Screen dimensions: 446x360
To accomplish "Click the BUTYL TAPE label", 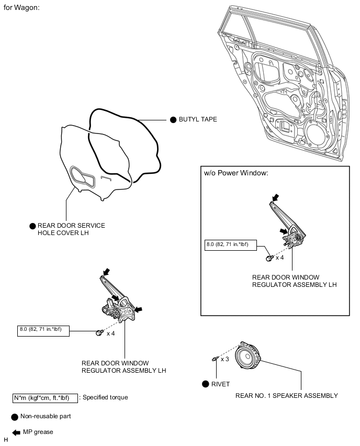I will point(198,119).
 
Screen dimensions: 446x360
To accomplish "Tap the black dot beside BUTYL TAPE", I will point(174,119).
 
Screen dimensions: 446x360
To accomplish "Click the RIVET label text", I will point(220,384).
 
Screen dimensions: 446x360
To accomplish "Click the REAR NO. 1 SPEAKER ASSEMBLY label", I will point(286,395).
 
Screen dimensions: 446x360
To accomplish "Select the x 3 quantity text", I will point(225,359).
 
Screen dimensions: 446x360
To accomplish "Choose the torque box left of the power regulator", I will point(43,331).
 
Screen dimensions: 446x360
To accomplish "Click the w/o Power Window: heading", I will point(235,173).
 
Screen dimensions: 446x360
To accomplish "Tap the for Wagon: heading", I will point(21,9).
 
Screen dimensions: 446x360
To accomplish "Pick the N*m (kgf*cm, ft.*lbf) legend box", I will point(45,397).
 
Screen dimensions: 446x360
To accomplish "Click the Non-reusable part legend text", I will point(46,417).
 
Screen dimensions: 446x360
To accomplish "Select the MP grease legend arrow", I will point(16,432).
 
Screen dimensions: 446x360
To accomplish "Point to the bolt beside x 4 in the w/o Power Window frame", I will point(268,258).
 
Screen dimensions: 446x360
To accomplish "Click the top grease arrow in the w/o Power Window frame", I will point(275,198).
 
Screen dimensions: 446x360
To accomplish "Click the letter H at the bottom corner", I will point(6,440).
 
